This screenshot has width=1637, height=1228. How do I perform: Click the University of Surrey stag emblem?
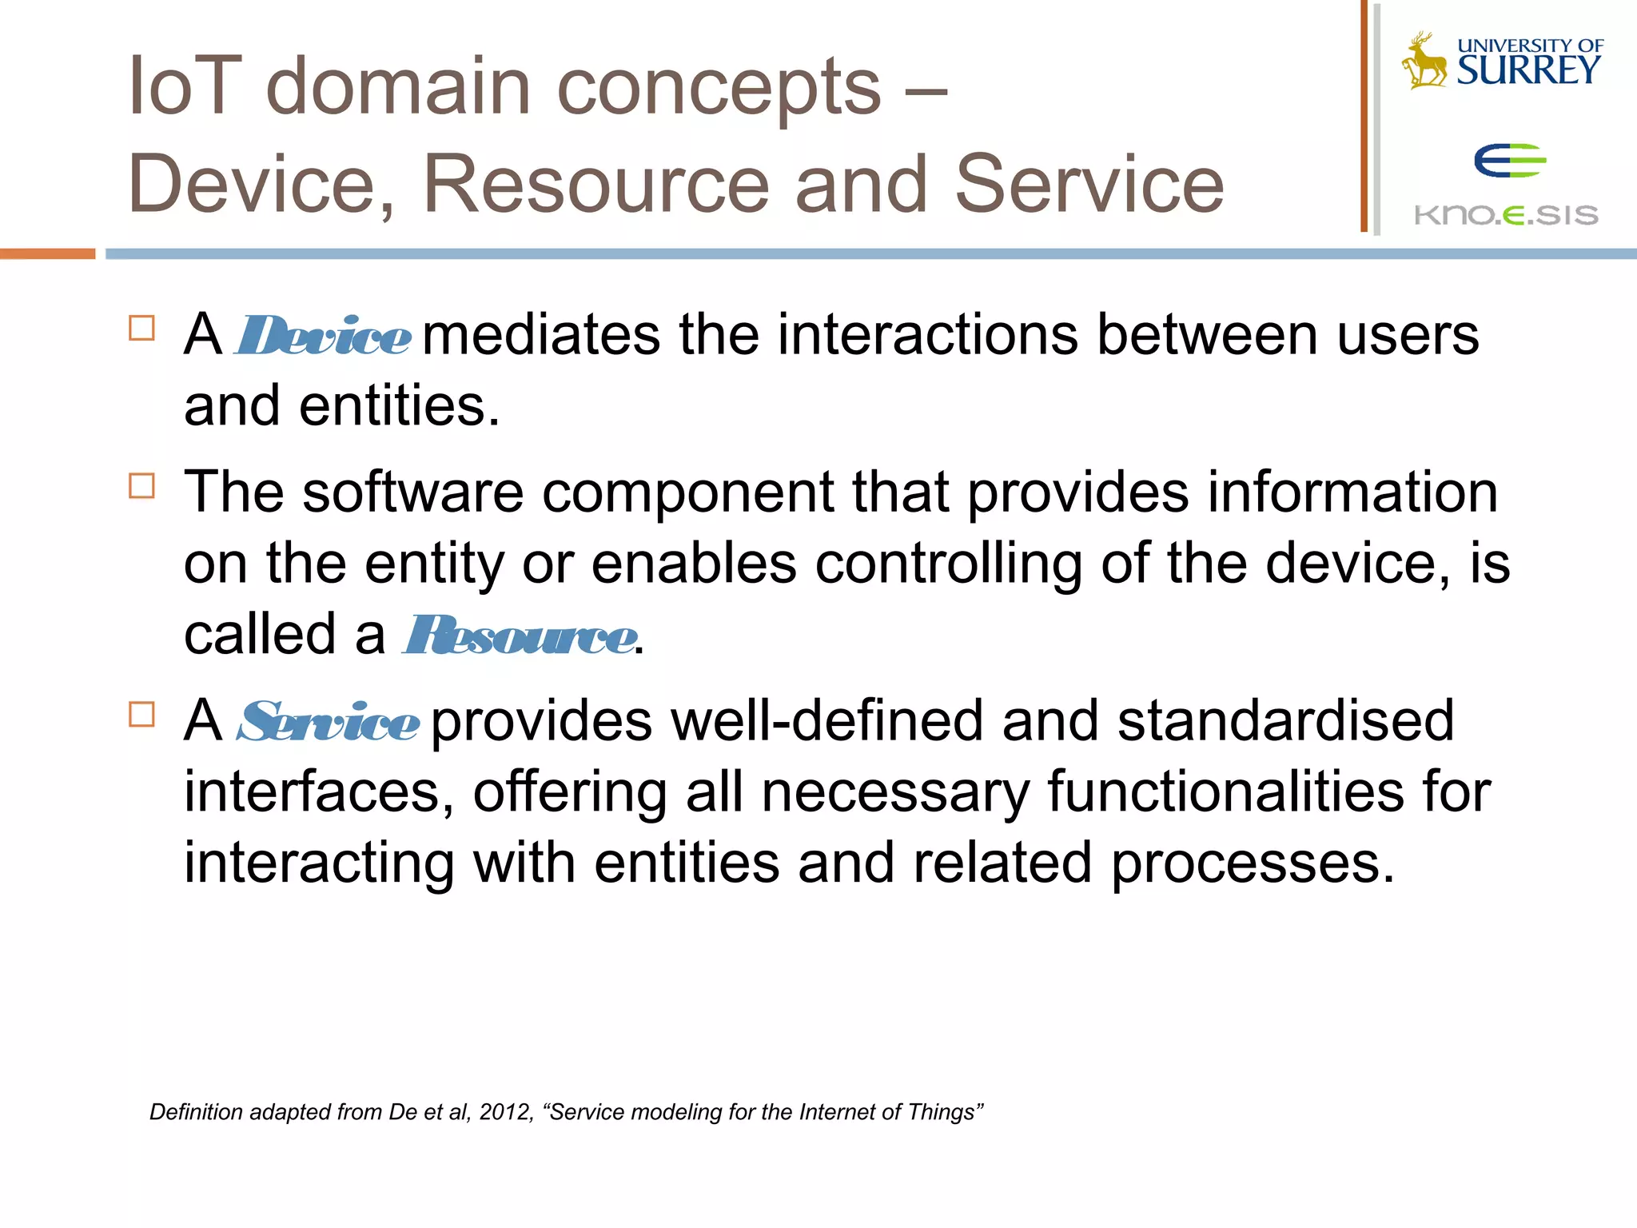coord(1424,61)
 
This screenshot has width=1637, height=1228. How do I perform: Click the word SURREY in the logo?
coord(1528,70)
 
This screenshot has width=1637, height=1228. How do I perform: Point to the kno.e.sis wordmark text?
coord(1506,215)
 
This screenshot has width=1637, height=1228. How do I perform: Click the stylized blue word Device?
coord(324,336)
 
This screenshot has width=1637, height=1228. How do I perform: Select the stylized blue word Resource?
coord(520,636)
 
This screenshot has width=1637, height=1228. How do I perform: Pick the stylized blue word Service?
coord(328,722)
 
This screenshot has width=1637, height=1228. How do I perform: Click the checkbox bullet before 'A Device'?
coord(141,329)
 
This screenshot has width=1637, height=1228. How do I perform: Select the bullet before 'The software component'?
coord(141,485)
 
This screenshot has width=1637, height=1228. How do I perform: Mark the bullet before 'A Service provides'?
coord(141,714)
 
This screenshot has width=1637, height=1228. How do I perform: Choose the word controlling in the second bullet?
coord(949,564)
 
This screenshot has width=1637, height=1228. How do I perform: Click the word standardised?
coord(1285,720)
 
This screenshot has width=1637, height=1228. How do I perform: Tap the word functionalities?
coord(1225,791)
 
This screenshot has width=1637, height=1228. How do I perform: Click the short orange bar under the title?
coord(47,253)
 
